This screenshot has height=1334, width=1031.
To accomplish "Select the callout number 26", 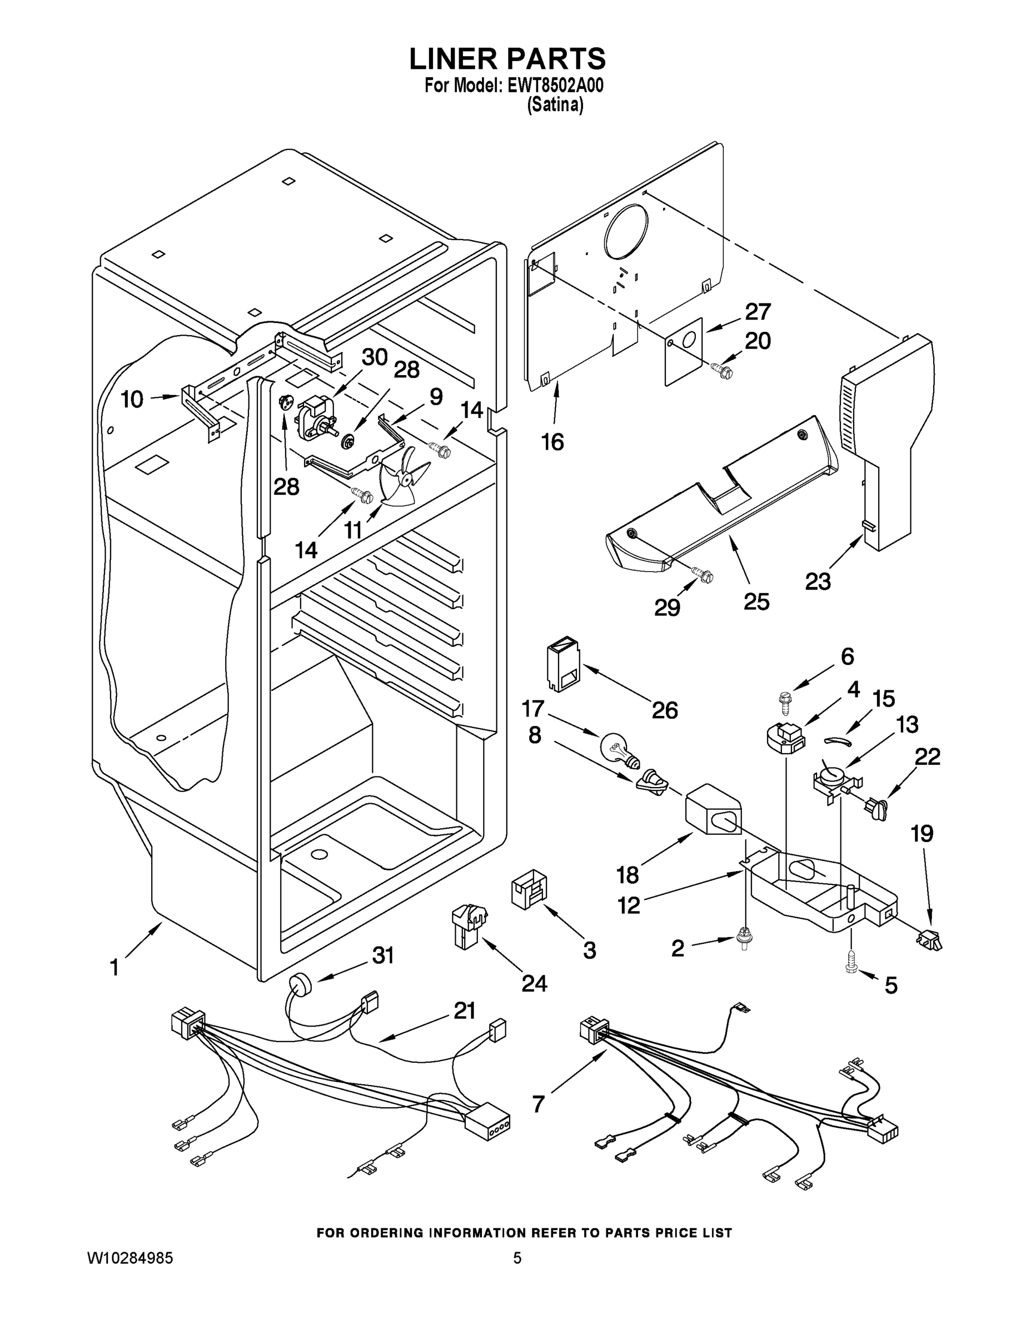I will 665,710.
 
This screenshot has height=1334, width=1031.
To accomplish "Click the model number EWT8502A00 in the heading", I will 555,86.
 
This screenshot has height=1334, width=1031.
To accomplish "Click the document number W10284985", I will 130,1258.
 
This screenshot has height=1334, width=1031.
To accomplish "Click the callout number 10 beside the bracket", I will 132,400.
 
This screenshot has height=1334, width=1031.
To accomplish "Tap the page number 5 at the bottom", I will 517,1258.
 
